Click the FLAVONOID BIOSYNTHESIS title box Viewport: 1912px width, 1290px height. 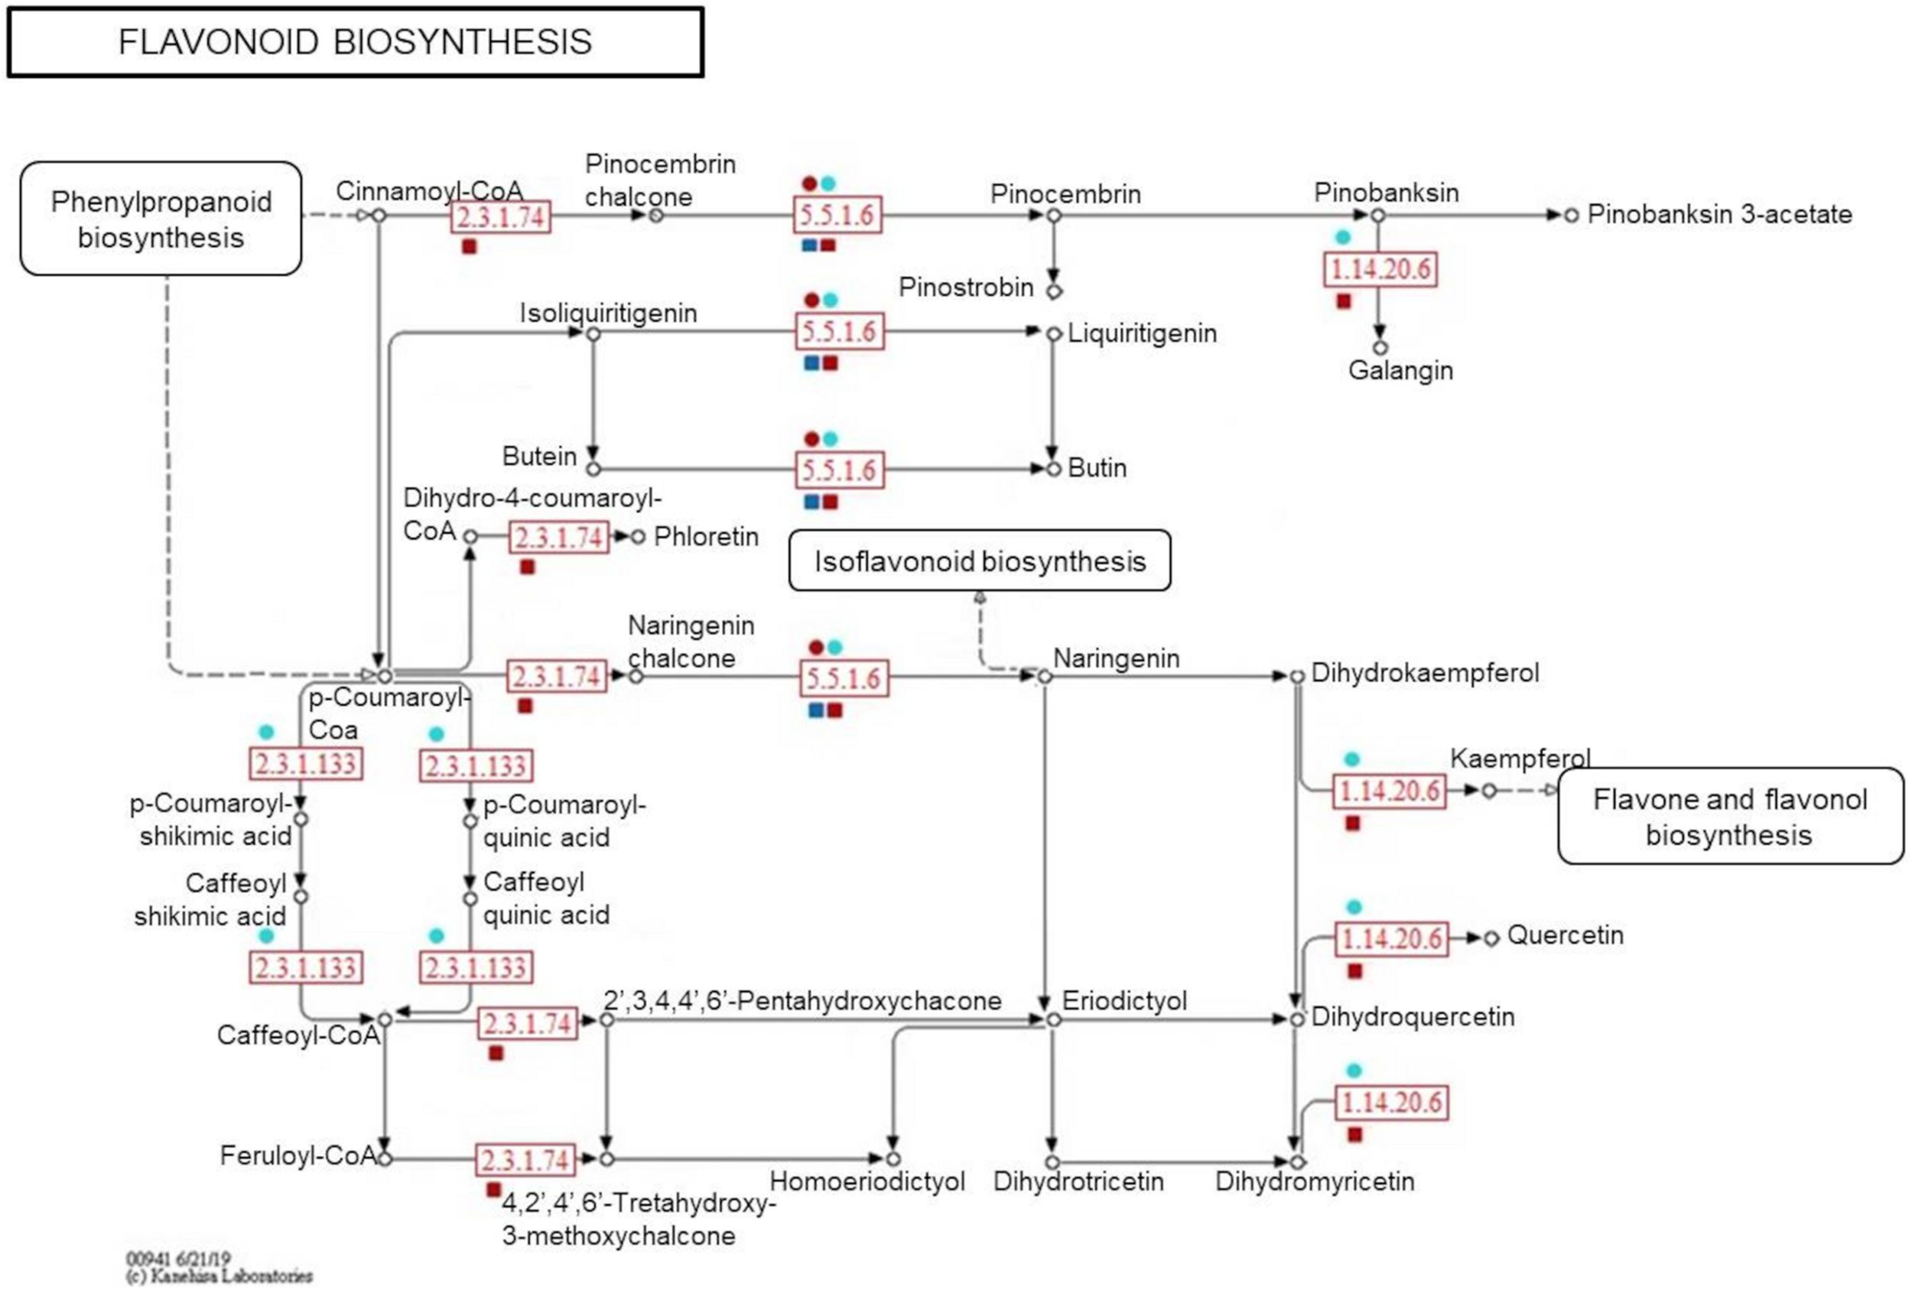[x=355, y=42]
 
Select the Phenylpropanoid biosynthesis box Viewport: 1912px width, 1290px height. [x=161, y=219]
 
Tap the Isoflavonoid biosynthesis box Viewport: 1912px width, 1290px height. [x=979, y=561]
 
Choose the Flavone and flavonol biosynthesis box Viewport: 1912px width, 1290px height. [x=1730, y=816]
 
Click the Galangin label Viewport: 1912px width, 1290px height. [x=1400, y=370]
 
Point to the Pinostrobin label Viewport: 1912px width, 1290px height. [x=965, y=287]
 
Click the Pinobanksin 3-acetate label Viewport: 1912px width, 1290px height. [x=1719, y=214]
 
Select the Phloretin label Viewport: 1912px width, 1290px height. [x=706, y=536]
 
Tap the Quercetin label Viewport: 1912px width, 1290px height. [x=1565, y=935]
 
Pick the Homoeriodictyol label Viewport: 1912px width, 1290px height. [x=867, y=1181]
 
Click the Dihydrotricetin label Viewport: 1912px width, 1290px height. [x=1078, y=1181]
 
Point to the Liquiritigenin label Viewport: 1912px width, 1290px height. [x=1142, y=333]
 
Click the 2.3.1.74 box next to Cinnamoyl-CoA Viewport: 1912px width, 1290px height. [x=501, y=218]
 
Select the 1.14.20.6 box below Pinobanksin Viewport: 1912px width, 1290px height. [x=1380, y=269]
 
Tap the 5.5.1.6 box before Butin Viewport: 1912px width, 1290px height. [x=839, y=470]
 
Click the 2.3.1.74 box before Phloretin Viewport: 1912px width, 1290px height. [x=558, y=538]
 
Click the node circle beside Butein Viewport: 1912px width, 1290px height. [x=593, y=469]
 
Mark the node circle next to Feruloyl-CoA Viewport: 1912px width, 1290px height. [x=384, y=1158]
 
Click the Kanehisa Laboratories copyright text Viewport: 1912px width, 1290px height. [x=219, y=1276]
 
